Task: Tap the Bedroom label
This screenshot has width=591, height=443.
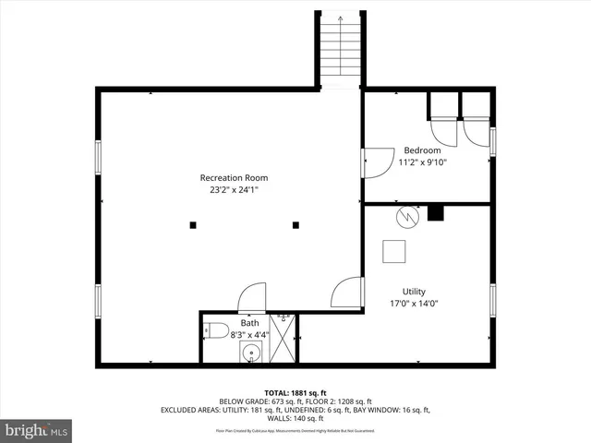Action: pyautogui.click(x=422, y=150)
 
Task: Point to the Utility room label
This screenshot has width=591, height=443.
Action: pyautogui.click(x=413, y=291)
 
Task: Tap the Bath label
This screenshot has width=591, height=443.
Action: pyautogui.click(x=250, y=323)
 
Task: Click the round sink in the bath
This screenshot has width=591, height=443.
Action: pyautogui.click(x=249, y=353)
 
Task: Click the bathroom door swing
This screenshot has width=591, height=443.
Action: pyautogui.click(x=251, y=298)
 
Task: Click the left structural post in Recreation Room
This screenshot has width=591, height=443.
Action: pyautogui.click(x=193, y=224)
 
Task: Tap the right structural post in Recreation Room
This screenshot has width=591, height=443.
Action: pyautogui.click(x=296, y=224)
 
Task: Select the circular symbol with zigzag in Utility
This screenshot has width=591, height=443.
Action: pyautogui.click(x=405, y=217)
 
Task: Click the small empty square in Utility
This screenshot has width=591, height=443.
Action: pyautogui.click(x=394, y=251)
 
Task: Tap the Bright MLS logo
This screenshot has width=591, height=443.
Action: pyautogui.click(x=37, y=430)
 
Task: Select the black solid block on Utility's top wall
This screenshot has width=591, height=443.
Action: pyautogui.click(x=435, y=213)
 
